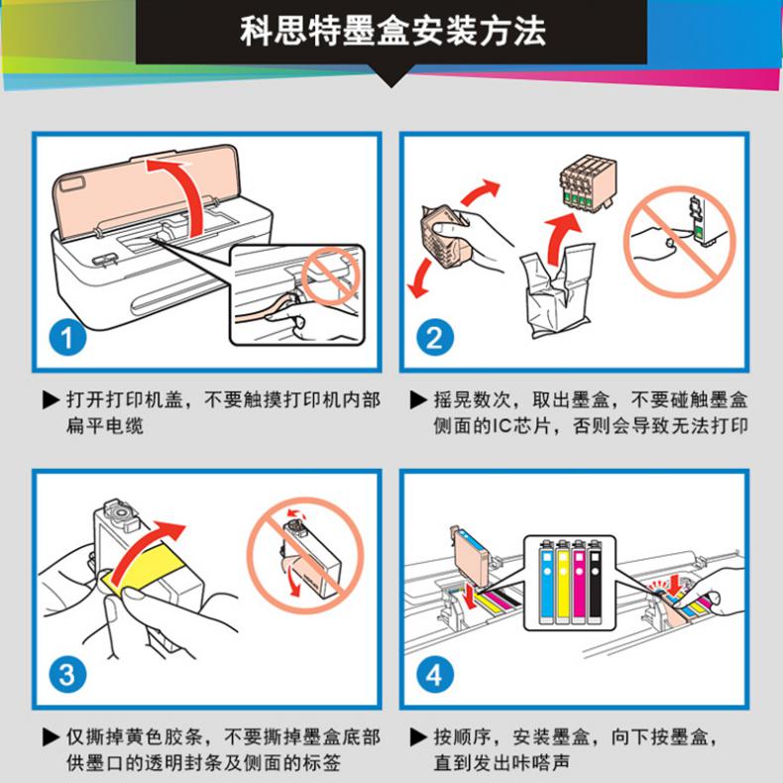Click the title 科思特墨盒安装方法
pyautogui.click(x=392, y=31)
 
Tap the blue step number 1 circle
pyautogui.click(x=67, y=338)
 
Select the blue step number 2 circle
pyautogui.click(x=435, y=338)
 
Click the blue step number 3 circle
pyautogui.click(x=67, y=675)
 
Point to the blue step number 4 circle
pyautogui.click(x=435, y=675)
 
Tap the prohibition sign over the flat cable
pyautogui.click(x=330, y=277)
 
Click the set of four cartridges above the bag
pyautogui.click(x=587, y=181)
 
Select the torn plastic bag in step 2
pyautogui.click(x=557, y=290)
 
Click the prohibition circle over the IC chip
pyautogui.click(x=680, y=242)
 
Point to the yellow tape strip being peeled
pyautogui.click(x=146, y=568)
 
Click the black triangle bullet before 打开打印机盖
pyautogui.click(x=52, y=400)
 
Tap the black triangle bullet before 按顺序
pyautogui.click(x=418, y=737)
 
